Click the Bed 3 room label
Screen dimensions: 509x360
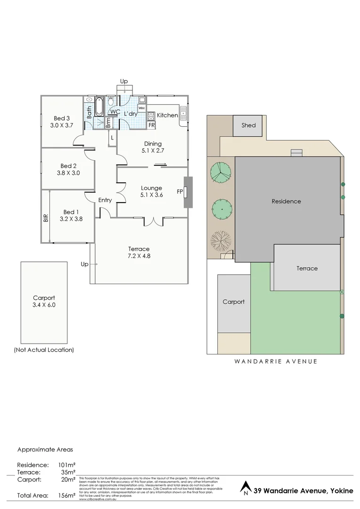click(62, 118)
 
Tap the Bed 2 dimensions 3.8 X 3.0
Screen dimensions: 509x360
click(68, 172)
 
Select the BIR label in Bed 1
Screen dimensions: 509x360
click(46, 218)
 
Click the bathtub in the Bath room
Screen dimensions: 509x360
click(99, 107)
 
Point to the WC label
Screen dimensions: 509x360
click(115, 112)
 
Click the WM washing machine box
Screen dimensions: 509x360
click(141, 108)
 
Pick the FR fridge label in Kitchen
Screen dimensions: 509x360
click(151, 125)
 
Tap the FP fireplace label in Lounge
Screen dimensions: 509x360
click(180, 191)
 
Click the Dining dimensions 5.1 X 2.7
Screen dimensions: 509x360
click(153, 151)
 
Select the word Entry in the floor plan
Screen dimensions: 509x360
click(105, 200)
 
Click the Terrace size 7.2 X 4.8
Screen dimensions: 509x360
click(139, 256)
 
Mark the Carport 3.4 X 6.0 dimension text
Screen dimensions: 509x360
click(44, 305)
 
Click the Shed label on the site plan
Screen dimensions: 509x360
click(248, 125)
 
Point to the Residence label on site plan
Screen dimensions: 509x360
click(286, 201)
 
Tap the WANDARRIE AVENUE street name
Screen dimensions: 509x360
click(276, 361)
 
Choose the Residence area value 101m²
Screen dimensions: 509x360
click(66, 465)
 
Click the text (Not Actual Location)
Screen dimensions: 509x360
click(44, 350)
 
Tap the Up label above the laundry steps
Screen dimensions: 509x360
click(124, 82)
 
